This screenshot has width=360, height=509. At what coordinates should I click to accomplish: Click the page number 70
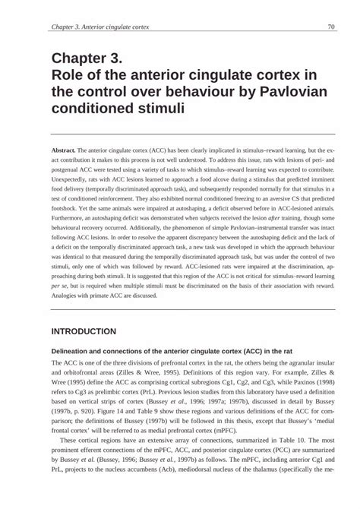(x=331, y=27)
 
